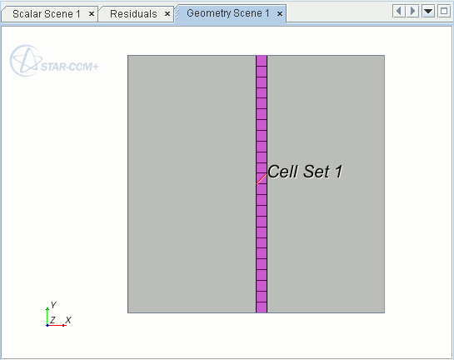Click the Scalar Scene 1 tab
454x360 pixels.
point(47,14)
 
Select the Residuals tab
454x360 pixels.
point(133,14)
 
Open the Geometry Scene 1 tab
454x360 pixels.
point(228,13)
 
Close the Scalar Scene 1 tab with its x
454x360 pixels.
point(92,14)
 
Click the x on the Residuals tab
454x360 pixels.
point(167,14)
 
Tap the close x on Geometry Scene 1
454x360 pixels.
point(280,13)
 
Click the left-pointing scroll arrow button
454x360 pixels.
point(399,12)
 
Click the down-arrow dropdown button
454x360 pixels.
point(428,12)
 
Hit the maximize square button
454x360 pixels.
point(444,12)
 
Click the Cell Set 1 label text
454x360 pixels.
point(305,172)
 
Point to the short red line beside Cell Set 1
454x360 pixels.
point(262,179)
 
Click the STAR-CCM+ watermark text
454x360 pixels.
point(70,67)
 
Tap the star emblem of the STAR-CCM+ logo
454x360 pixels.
point(26,61)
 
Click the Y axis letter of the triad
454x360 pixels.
point(53,305)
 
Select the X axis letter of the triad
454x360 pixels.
point(68,320)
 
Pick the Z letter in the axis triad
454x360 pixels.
point(52,320)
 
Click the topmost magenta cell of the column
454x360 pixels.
point(262,61)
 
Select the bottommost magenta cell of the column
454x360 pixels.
point(262,307)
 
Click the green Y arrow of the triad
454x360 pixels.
point(47,317)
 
